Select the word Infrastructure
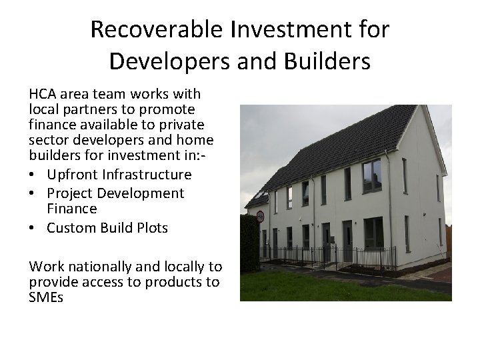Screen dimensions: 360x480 [x=149, y=175]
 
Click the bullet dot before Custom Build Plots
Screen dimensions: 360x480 [x=33, y=228]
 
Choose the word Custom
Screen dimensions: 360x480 [x=73, y=228]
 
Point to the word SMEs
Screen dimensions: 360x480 [x=46, y=297]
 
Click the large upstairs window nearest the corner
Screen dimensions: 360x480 [x=372, y=176]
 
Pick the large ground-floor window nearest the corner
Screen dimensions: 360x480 [x=373, y=232]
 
